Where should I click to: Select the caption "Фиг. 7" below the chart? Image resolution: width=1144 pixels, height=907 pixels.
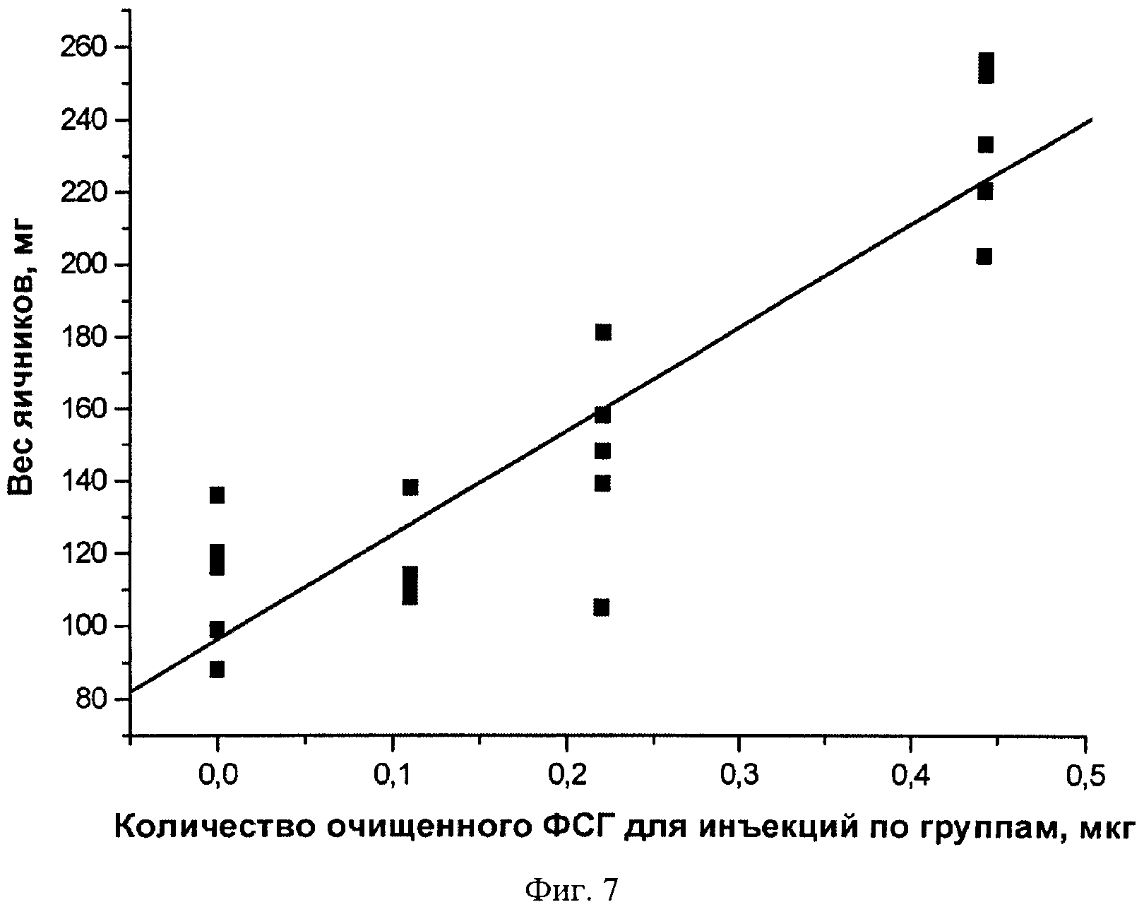[571, 888]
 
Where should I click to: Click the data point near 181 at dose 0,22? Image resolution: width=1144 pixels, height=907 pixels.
[602, 333]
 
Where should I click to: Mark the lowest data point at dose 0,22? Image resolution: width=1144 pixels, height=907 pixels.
[602, 607]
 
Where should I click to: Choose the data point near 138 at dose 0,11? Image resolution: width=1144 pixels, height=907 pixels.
[410, 487]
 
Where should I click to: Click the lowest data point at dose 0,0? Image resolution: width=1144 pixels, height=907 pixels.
[217, 670]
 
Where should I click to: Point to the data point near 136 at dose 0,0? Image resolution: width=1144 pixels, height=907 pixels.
[217, 495]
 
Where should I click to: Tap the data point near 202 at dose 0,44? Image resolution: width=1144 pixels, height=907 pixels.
[984, 256]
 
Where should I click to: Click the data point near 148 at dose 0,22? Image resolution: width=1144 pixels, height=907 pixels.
[602, 451]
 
